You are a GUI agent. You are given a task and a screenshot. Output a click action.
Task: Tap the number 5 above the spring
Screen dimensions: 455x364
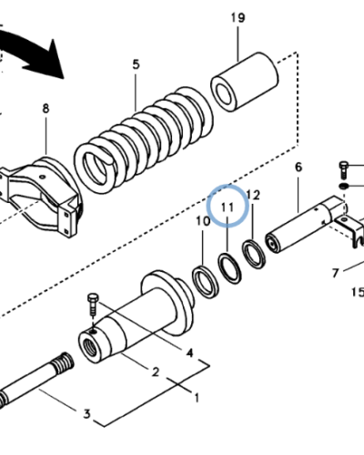click(136, 65)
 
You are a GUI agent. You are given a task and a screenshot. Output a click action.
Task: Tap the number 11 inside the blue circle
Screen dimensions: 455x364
click(227, 207)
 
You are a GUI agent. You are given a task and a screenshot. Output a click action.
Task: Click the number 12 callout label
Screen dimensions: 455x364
click(254, 195)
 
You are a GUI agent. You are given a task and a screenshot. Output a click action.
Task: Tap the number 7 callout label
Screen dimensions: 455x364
click(334, 271)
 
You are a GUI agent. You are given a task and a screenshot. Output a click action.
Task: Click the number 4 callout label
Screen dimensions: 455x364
click(189, 352)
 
